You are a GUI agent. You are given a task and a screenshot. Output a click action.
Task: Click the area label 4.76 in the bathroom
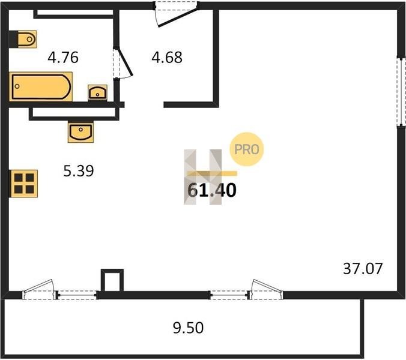point(64,58)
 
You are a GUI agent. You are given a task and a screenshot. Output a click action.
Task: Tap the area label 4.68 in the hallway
point(167,58)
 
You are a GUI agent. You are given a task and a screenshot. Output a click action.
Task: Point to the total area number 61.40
point(212,191)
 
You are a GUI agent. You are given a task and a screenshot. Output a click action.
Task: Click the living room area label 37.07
point(363,268)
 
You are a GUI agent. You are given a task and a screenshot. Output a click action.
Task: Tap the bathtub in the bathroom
point(41,87)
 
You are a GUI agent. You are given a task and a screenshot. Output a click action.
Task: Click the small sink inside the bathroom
point(98,92)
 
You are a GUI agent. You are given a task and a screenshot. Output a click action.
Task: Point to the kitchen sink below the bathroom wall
point(80,131)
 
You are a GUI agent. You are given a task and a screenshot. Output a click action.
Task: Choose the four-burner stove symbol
point(25,182)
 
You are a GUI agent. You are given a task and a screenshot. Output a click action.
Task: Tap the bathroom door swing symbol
point(124,63)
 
